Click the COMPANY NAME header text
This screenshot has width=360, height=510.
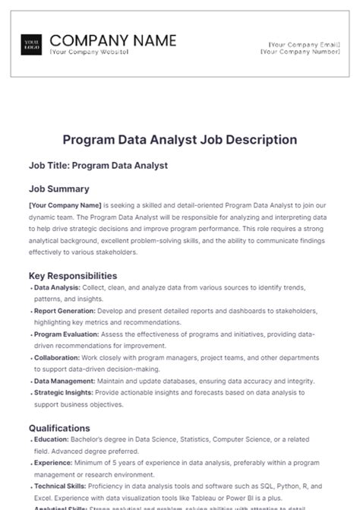pyautogui.click(x=112, y=40)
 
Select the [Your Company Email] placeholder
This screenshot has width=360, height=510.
pyautogui.click(x=300, y=45)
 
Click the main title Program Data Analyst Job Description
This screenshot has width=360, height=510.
pyautogui.click(x=179, y=140)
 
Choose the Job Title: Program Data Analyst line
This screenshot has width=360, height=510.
pyautogui.click(x=98, y=165)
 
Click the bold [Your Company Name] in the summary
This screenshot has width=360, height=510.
pyautogui.click(x=64, y=204)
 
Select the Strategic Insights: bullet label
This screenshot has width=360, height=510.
pyautogui.click(x=64, y=393)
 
